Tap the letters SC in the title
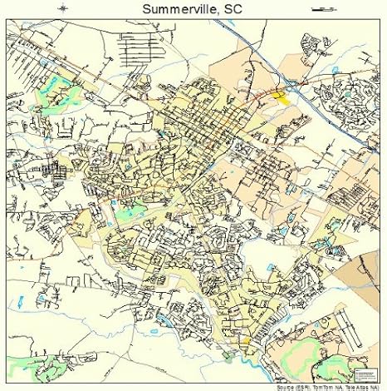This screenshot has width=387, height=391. [233, 9]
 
